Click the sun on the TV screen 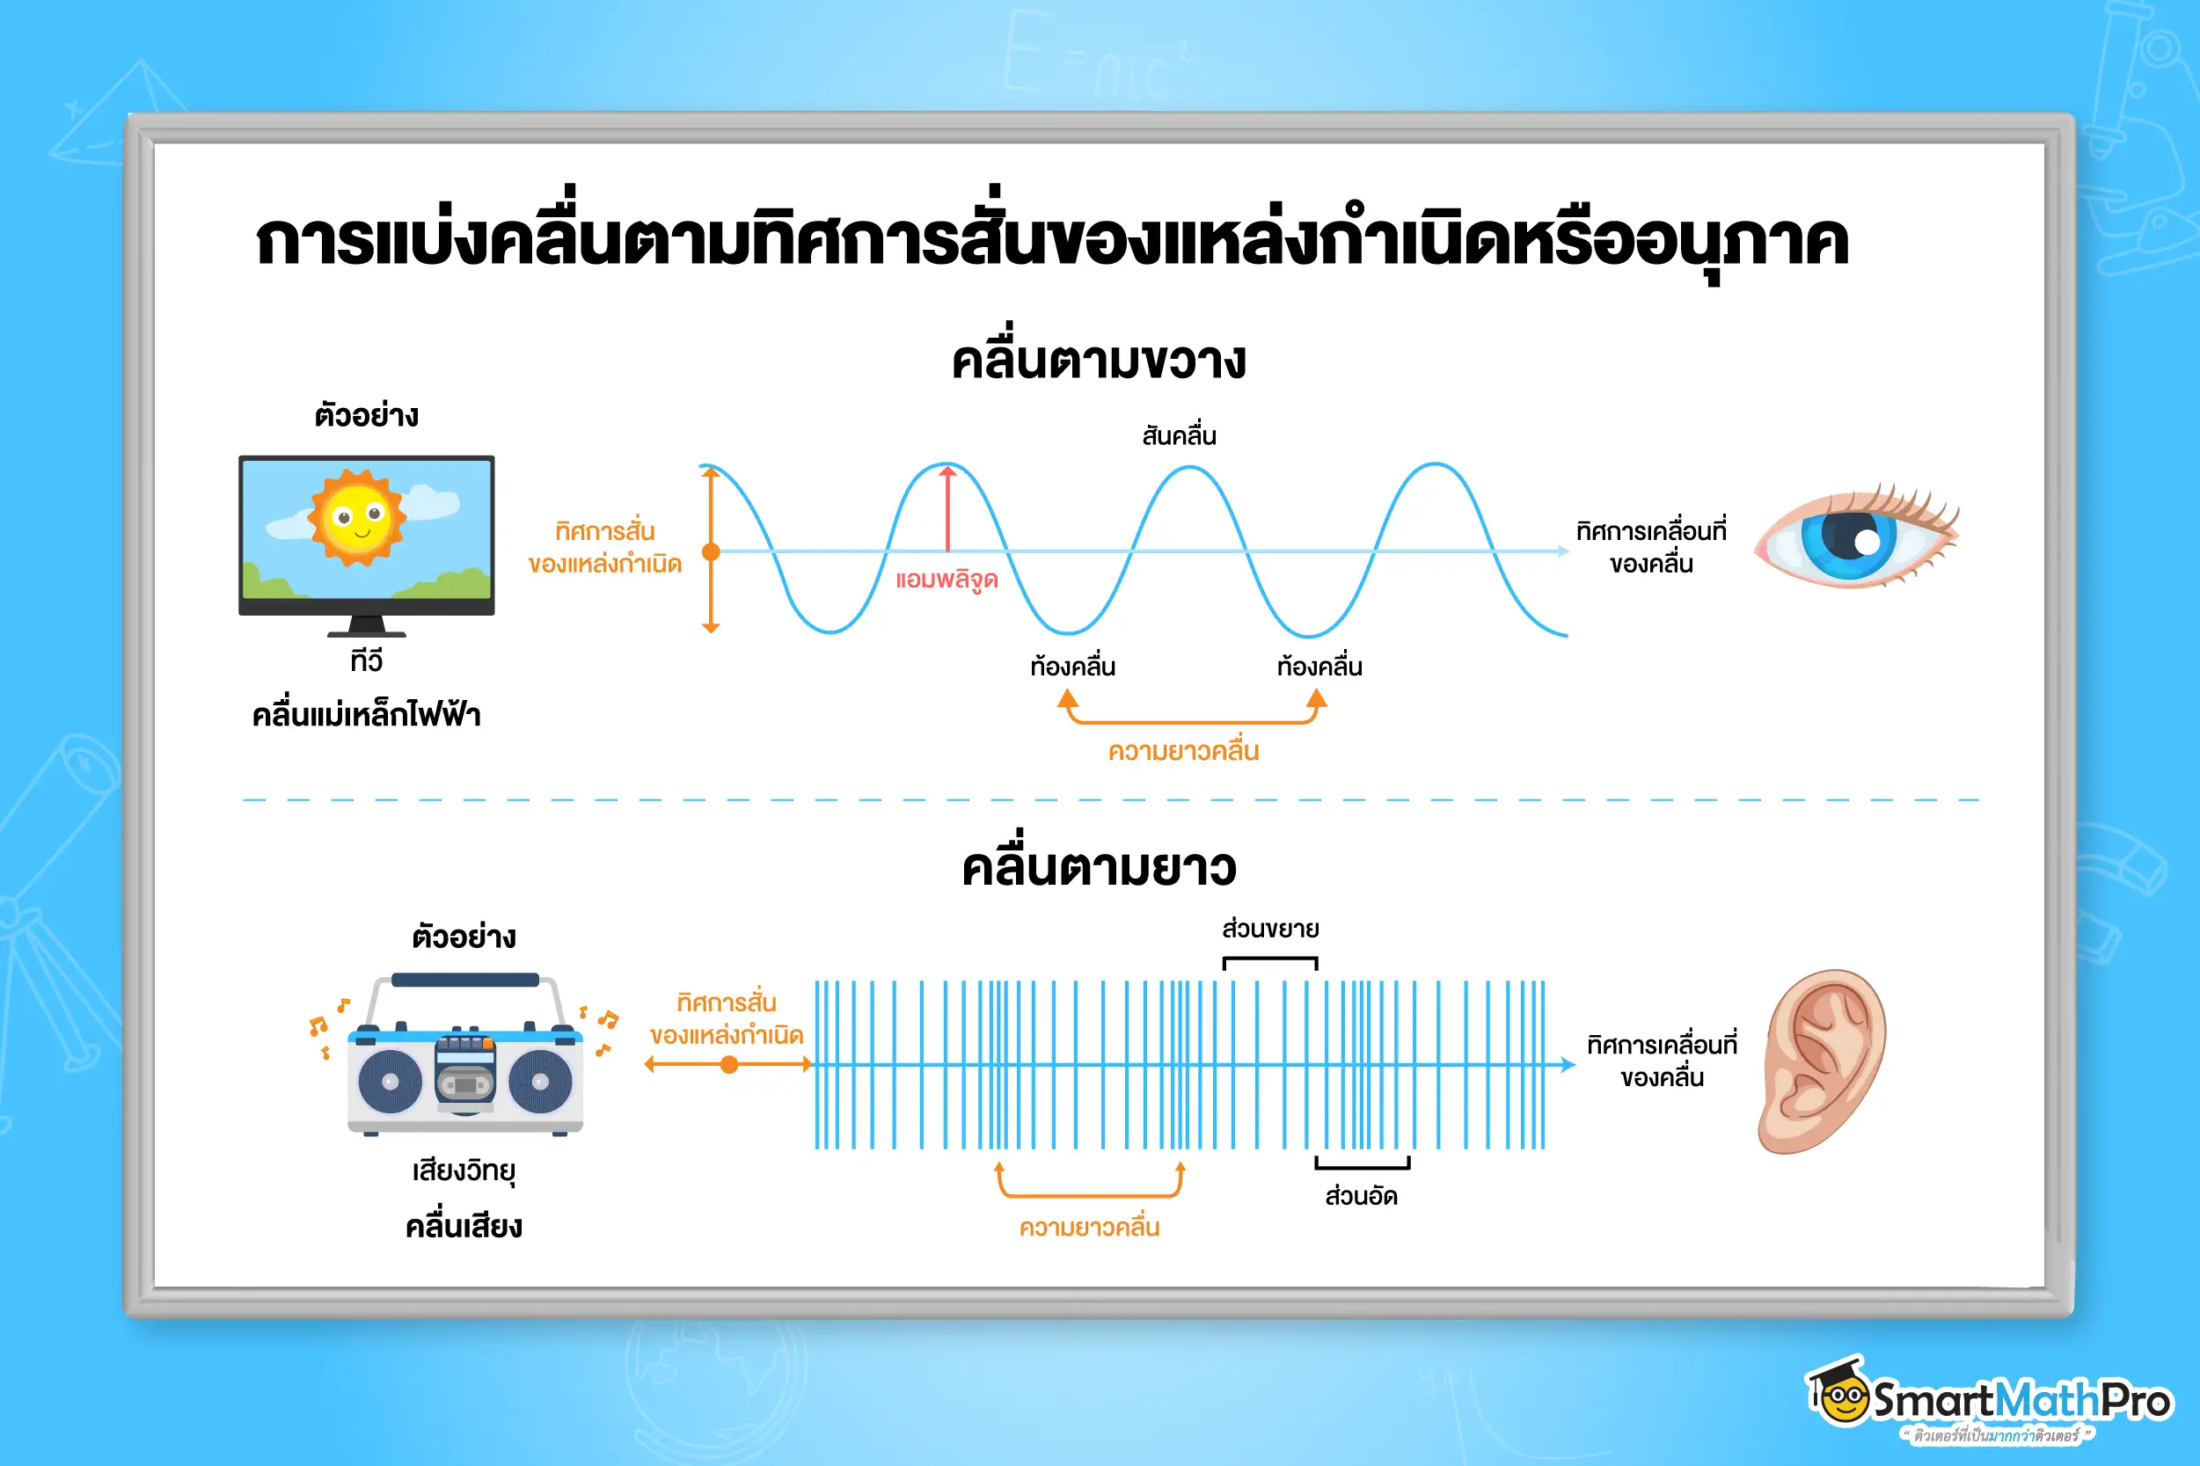[356, 517]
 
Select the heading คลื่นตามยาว [1099, 864]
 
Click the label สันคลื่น [1179, 434]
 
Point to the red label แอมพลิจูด [947, 580]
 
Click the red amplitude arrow [947, 508]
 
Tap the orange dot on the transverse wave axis [711, 551]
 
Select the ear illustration [1822, 1062]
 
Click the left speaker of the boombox [390, 1082]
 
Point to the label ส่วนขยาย [1269, 930]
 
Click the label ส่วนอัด [1362, 1196]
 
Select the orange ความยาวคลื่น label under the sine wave [1184, 752]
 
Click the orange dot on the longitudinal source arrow [729, 1064]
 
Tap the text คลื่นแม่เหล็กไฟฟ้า [367, 713]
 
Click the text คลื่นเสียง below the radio [464, 1226]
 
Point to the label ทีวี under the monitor [367, 660]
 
